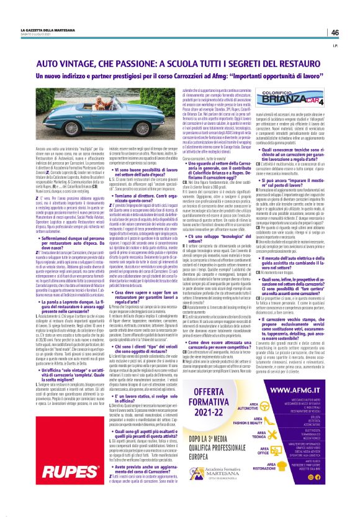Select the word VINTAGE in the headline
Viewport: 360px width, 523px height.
[x=83, y=64]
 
